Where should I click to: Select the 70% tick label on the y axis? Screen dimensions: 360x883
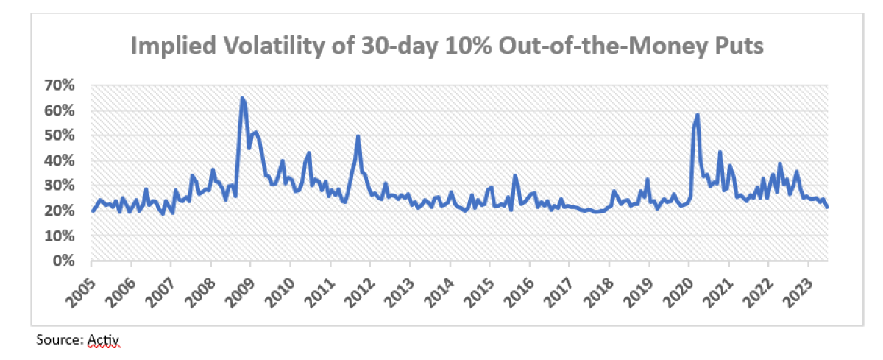click(x=60, y=85)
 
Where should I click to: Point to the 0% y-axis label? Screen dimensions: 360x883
click(x=65, y=261)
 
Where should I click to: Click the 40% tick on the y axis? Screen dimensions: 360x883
click(x=60, y=160)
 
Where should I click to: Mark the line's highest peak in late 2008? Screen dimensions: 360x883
click(x=242, y=98)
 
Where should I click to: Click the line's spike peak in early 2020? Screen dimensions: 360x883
click(x=697, y=115)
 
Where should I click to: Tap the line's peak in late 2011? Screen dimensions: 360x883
click(x=358, y=136)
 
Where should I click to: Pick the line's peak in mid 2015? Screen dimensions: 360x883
click(x=515, y=175)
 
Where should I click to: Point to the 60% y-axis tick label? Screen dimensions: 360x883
click(x=60, y=110)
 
